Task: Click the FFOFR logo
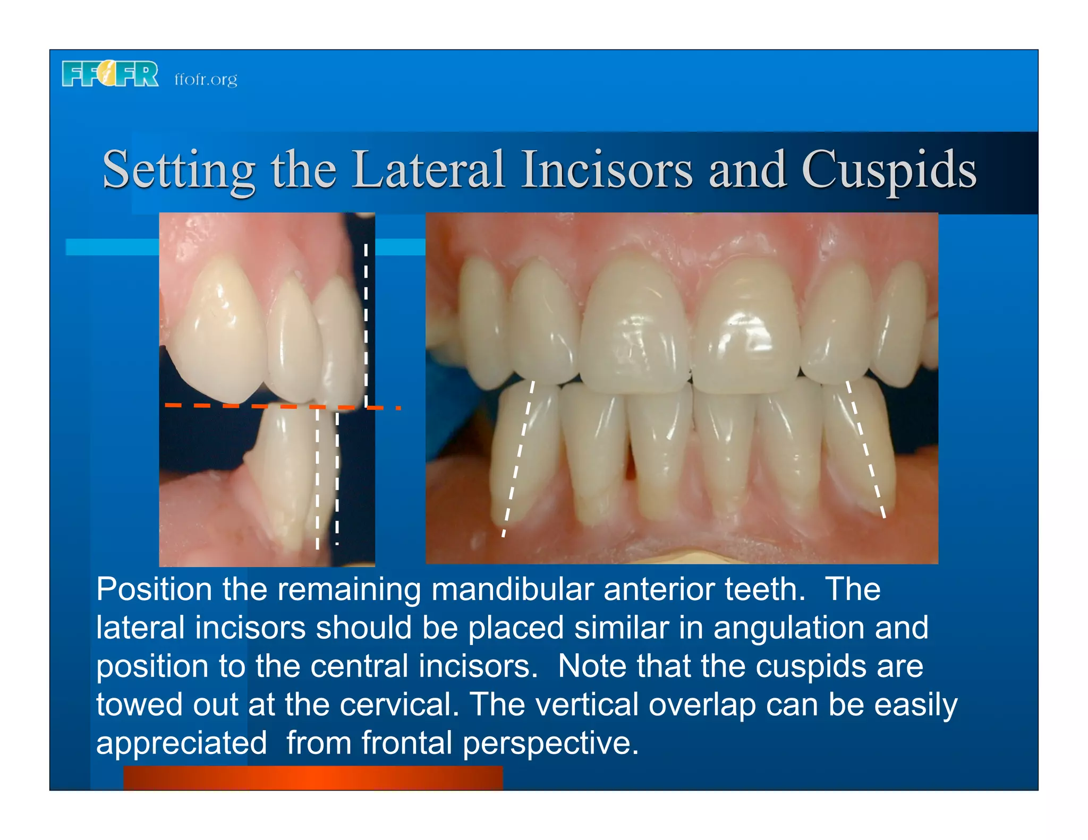coord(110,74)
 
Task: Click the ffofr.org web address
coord(206,80)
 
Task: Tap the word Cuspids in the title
coord(889,170)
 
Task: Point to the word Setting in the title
coord(178,170)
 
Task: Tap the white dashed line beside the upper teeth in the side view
coord(365,324)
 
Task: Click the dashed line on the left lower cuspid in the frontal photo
coord(518,457)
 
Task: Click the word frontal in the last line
coord(406,742)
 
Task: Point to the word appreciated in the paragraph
coord(181,743)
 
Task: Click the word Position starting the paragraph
coord(154,589)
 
